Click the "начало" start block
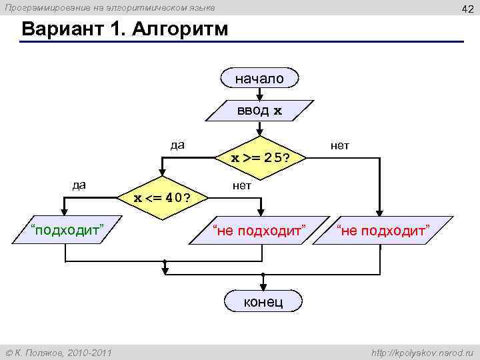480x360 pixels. pyautogui.click(x=259, y=79)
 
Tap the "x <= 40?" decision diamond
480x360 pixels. pyautogui.click(x=161, y=197)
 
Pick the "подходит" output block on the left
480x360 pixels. pyautogui.click(x=66, y=231)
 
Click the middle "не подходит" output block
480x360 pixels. pyautogui.click(x=259, y=231)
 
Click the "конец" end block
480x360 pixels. pyautogui.click(x=263, y=301)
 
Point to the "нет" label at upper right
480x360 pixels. pyautogui.click(x=339, y=145)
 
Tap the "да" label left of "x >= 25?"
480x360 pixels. pyautogui.click(x=177, y=145)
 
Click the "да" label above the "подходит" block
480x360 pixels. pyautogui.click(x=79, y=185)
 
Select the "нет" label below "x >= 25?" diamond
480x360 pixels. pyautogui.click(x=242, y=185)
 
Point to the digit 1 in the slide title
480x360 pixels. pyautogui.click(x=118, y=30)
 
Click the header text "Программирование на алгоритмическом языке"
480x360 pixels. pyautogui.click(x=111, y=7)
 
